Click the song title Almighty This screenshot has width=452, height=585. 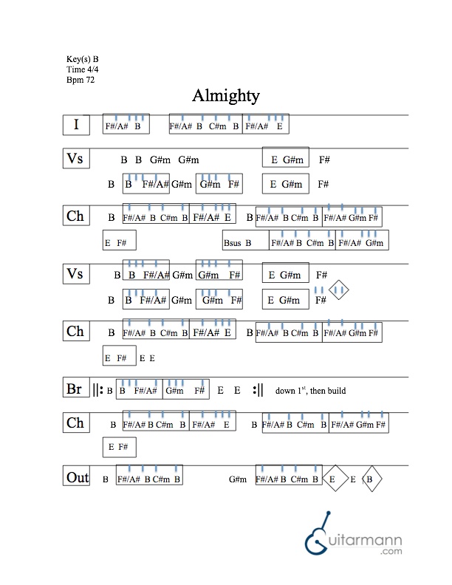[225, 96]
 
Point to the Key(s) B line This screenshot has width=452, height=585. [83, 58]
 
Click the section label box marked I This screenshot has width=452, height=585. [76, 125]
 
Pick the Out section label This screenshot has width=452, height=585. [77, 477]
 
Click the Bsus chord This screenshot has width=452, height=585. [232, 242]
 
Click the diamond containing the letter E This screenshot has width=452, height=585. [333, 479]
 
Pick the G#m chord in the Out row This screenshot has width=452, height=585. [237, 479]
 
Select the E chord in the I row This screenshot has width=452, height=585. [279, 126]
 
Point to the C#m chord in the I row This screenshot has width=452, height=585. [217, 126]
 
